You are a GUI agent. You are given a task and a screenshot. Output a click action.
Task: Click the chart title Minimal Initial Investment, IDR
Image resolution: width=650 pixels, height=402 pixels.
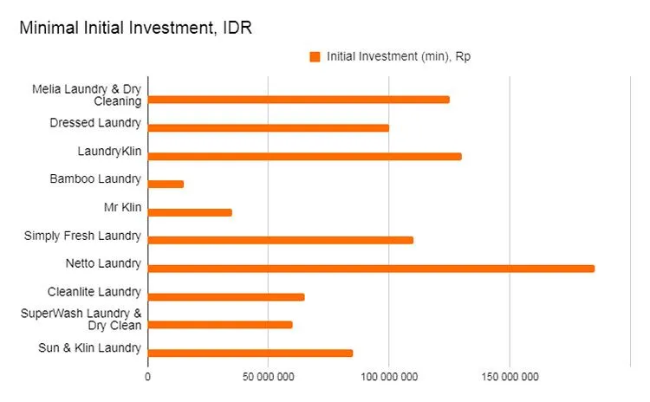point(135,28)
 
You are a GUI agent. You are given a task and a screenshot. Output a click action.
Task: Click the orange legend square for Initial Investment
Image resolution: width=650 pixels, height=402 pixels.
point(315,56)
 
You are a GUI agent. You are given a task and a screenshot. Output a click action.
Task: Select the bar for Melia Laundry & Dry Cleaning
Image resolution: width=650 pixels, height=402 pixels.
point(299,100)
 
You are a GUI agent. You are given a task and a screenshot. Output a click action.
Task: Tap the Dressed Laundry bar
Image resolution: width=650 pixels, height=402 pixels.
point(269,128)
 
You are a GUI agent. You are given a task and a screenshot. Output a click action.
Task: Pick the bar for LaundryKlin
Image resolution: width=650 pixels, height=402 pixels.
point(305,156)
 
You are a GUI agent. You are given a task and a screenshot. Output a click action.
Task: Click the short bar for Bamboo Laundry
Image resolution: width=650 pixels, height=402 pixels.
point(166,185)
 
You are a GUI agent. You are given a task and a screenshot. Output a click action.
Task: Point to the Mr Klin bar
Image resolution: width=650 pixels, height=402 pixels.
point(191,212)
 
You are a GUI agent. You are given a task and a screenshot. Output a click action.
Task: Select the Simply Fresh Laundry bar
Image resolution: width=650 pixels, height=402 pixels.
point(281,240)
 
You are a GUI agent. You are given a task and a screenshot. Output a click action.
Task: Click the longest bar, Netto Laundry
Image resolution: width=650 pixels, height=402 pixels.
point(372,269)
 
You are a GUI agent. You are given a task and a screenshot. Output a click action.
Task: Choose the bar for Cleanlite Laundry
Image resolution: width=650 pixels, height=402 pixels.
point(226,296)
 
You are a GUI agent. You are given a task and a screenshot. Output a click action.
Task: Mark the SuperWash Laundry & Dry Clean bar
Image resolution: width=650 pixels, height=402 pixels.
point(220,325)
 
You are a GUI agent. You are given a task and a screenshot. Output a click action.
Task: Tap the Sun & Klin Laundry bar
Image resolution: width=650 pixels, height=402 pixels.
point(250,353)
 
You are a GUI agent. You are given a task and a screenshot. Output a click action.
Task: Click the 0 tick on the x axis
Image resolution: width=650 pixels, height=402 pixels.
point(147,377)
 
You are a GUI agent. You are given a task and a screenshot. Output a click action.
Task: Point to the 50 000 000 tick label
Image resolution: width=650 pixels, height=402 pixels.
point(268,377)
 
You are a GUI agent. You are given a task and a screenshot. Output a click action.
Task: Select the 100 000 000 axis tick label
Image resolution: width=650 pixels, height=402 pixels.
point(388,377)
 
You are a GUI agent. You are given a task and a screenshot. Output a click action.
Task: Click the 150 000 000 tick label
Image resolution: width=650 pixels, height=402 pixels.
point(509,377)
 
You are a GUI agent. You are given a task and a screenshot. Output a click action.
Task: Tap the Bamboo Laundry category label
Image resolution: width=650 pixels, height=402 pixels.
point(95,179)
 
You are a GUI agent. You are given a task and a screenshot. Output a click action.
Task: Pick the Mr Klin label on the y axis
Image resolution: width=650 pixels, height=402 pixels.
point(122,208)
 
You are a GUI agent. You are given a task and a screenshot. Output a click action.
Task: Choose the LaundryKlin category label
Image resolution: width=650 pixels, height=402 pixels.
point(110,152)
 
